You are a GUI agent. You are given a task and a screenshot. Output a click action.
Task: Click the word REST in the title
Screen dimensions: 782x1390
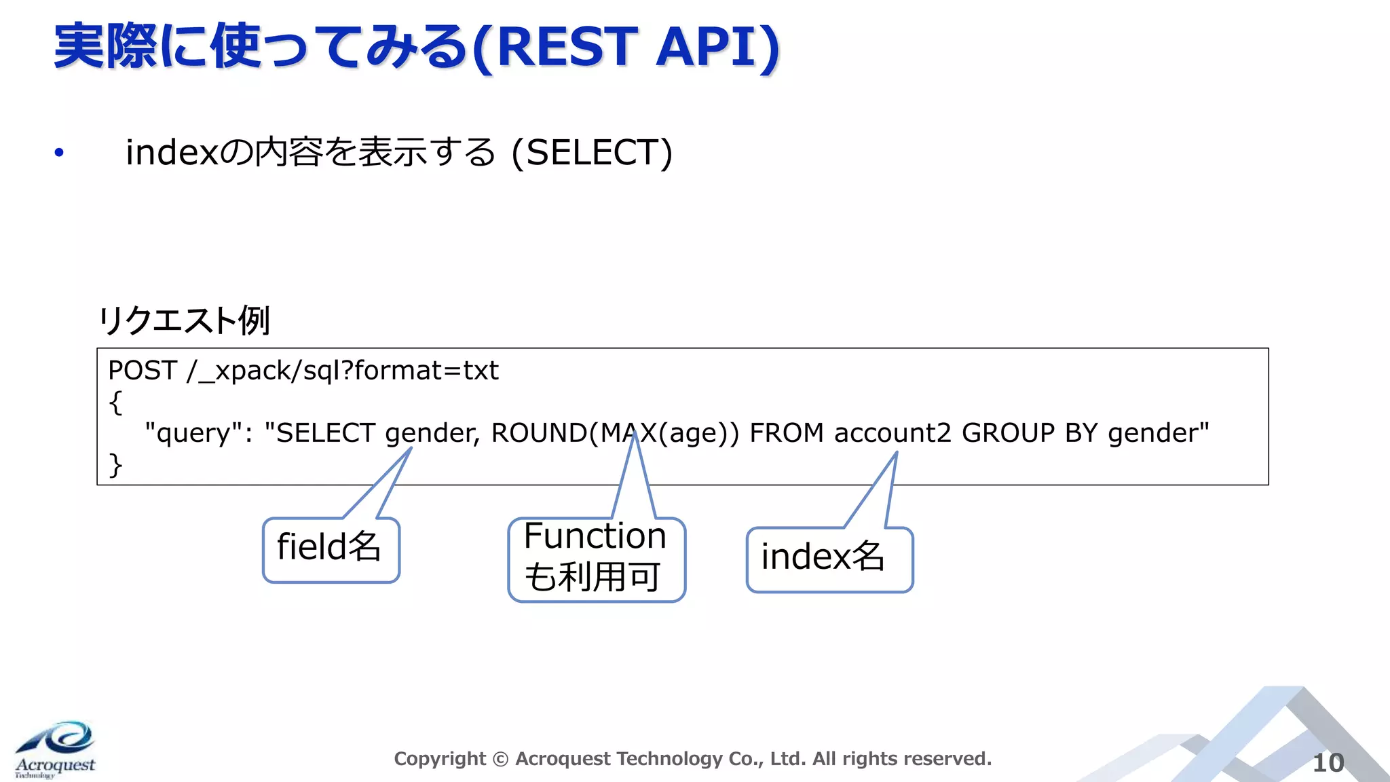tap(567, 48)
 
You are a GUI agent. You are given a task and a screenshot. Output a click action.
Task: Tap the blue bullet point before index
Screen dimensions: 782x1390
tap(59, 153)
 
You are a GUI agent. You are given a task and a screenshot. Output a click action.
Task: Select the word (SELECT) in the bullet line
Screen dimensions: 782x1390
tap(592, 153)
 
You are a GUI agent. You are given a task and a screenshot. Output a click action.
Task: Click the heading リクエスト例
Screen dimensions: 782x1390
tap(185, 320)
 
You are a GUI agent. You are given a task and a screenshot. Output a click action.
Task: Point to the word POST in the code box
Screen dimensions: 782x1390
tap(143, 371)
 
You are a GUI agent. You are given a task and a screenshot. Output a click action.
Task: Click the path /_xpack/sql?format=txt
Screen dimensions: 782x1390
tap(343, 371)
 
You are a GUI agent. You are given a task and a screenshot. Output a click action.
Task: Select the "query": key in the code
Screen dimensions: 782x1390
tap(198, 433)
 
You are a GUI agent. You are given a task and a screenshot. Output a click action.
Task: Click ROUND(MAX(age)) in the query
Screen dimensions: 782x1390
tap(615, 433)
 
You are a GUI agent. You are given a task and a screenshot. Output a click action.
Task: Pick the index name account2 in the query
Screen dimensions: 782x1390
tap(893, 433)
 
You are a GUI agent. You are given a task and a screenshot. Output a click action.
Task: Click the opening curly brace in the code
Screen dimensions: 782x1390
tap(115, 402)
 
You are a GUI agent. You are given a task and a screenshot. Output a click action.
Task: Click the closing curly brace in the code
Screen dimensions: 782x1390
tap(115, 465)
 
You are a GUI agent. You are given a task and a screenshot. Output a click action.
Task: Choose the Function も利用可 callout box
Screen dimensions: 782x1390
tap(596, 558)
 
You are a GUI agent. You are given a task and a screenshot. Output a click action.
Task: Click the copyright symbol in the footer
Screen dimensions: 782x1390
tap(500, 759)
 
